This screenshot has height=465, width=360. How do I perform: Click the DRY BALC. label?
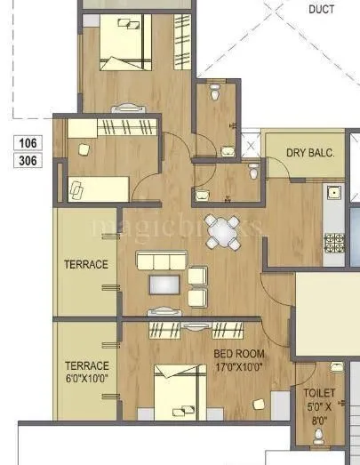(309, 153)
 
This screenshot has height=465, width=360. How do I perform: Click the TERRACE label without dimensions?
(85, 265)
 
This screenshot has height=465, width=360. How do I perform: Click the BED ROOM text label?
(238, 353)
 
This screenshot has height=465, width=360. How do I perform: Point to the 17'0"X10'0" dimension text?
(238, 365)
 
